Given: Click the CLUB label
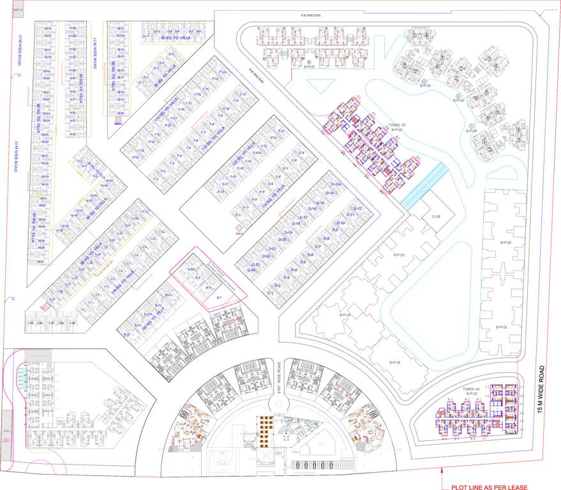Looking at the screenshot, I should click(436, 216).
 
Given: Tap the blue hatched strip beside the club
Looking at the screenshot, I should click(423, 184).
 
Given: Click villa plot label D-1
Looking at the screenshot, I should click(271, 293).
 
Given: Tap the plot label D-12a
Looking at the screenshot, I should click(338, 185).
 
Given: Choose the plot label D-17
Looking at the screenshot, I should click(304, 218).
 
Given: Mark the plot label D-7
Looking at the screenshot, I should click(317, 246).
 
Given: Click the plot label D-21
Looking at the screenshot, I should click(272, 248).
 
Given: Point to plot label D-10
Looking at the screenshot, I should click(341, 223).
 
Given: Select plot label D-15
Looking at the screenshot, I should click(321, 202).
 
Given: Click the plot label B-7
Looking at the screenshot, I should click(218, 298).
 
